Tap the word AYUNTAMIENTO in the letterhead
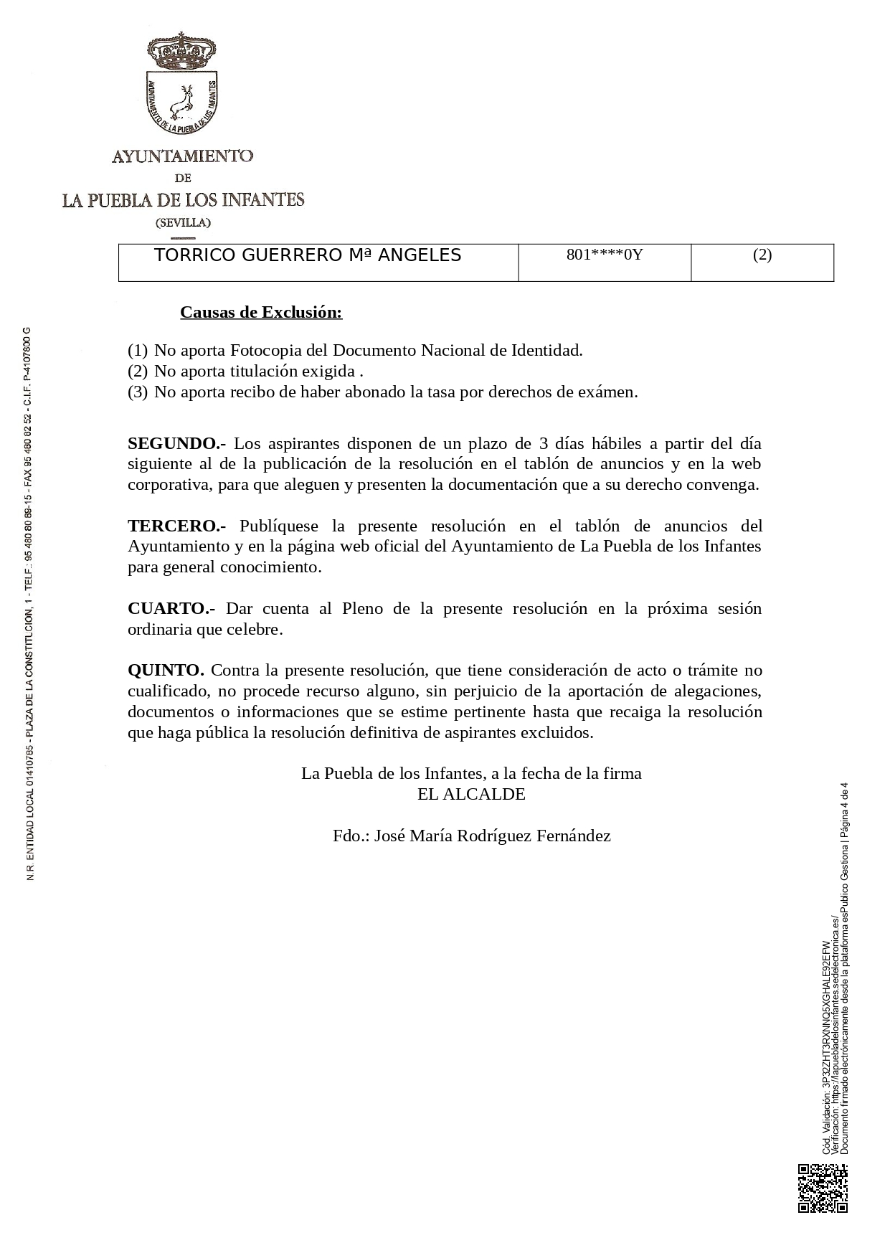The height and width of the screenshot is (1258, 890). coord(182,156)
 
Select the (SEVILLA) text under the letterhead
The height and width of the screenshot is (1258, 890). coord(183,222)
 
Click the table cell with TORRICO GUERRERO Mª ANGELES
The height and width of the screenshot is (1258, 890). coord(308,255)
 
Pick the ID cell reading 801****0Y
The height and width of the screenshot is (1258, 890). coord(604,255)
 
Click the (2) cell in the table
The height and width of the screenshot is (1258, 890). coord(762,255)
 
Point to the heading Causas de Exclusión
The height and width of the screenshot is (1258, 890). coord(261,312)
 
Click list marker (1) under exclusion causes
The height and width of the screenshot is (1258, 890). coord(137,351)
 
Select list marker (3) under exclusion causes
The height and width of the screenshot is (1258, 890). coord(137,392)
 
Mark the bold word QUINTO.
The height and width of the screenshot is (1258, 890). coord(166,671)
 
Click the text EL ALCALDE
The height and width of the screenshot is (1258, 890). coord(471,795)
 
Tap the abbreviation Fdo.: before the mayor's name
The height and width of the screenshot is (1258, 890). coord(351,836)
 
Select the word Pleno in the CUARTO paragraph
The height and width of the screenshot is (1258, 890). coord(362,609)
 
